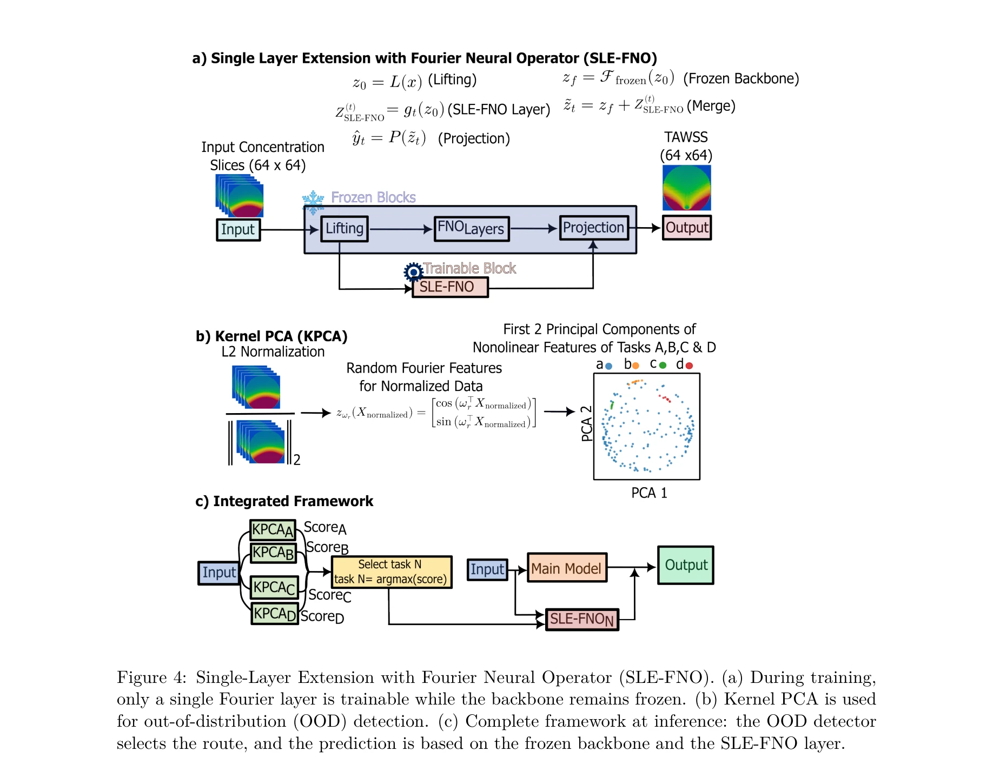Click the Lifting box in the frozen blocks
click(345, 229)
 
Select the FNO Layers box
click(471, 229)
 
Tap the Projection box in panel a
click(593, 228)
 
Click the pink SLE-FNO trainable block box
click(450, 287)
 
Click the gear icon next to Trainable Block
click(414, 271)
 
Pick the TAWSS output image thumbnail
click(686, 188)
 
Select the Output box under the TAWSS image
click(686, 228)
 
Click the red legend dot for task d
click(689, 366)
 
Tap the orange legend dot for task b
click(635, 366)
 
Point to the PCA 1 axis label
click(649, 493)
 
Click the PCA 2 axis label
click(586, 424)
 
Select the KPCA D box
click(275, 614)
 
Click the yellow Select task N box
click(392, 572)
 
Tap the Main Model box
click(567, 568)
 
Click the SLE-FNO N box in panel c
click(582, 619)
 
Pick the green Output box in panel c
click(686, 565)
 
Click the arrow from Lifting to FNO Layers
click(401, 229)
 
